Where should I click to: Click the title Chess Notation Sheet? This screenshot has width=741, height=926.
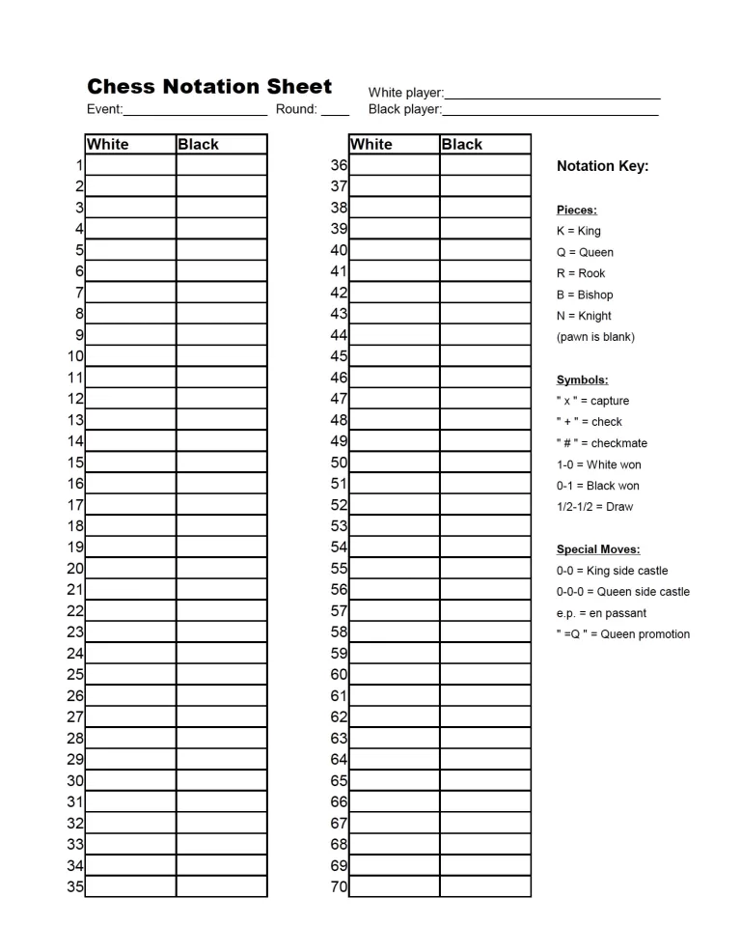(x=209, y=87)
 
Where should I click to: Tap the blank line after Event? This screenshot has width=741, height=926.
(x=195, y=110)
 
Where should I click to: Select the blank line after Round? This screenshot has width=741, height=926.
(x=335, y=110)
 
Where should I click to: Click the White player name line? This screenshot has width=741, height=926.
(x=552, y=94)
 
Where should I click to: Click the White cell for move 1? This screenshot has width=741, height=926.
(x=130, y=165)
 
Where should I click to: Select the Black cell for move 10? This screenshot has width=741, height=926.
(x=221, y=356)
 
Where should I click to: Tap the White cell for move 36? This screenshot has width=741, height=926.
(x=394, y=165)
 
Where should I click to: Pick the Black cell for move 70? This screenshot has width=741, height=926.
(x=484, y=886)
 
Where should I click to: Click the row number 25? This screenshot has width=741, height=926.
(x=75, y=675)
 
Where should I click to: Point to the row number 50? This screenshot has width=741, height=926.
(x=339, y=463)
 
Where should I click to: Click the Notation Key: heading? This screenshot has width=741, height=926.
(x=602, y=166)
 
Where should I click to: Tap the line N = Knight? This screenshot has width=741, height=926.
(x=584, y=316)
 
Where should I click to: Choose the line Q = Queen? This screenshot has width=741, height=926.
(x=585, y=252)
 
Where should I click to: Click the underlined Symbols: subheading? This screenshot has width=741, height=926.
(x=582, y=379)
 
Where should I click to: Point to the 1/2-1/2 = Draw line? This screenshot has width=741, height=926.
(x=594, y=507)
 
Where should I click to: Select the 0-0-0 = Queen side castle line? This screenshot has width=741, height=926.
(x=622, y=592)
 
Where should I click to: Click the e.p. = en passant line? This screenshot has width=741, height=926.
(x=601, y=613)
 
